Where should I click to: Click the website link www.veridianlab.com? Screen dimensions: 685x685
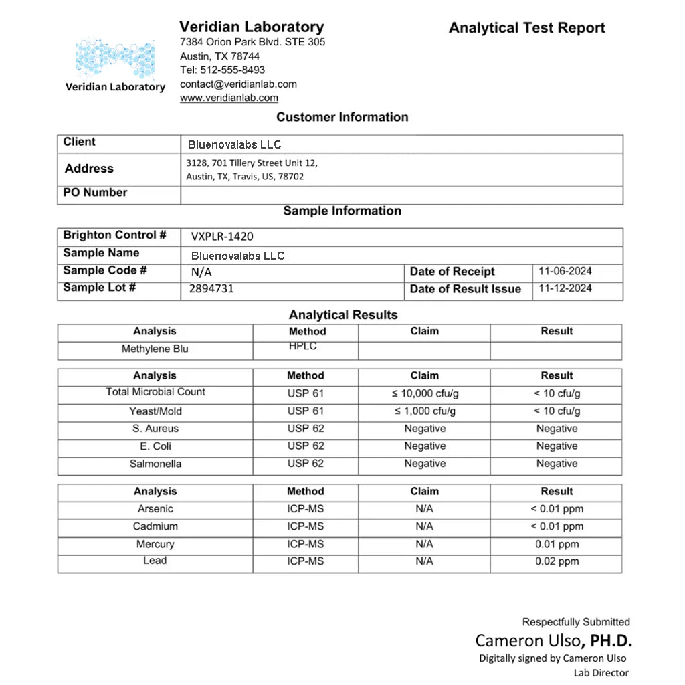(229, 98)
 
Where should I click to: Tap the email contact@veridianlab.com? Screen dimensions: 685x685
(238, 84)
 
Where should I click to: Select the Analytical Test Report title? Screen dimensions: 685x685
(526, 28)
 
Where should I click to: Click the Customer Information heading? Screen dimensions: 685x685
(342, 117)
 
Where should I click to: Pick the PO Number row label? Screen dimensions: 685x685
(95, 193)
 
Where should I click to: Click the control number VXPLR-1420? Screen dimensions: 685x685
(222, 236)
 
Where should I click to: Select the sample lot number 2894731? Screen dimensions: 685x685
(211, 289)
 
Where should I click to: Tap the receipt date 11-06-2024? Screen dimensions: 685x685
(565, 272)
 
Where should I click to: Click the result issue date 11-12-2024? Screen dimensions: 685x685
(565, 289)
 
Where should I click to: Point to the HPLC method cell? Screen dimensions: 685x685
(303, 346)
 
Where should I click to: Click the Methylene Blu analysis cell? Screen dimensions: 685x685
(155, 349)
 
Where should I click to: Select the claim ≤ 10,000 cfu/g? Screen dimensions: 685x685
(425, 394)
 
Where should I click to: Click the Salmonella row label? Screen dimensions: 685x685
(155, 464)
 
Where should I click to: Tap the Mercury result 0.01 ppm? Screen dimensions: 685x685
(557, 545)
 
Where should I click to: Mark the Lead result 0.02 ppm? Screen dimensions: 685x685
(557, 562)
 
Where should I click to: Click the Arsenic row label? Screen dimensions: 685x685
(155, 509)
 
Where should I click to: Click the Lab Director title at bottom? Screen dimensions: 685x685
(601, 673)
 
